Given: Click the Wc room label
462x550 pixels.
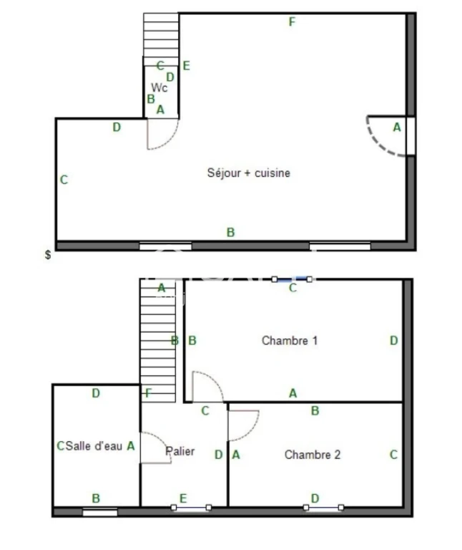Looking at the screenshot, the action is tap(159, 87).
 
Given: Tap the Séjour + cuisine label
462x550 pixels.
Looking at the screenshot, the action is tap(249, 173).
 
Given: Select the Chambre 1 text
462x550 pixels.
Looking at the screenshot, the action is tap(290, 341).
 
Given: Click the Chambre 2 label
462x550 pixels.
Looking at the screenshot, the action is tap(313, 455).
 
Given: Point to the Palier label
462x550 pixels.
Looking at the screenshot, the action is tap(180, 451).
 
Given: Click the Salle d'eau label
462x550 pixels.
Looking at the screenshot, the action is tap(94, 446).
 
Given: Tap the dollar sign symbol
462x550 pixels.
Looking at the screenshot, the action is tap(48, 255).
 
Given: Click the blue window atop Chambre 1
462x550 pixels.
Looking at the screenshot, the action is tap(292, 279).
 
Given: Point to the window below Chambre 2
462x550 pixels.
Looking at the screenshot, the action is tap(323, 508).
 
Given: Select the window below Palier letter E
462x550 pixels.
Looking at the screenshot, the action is tap(191, 508).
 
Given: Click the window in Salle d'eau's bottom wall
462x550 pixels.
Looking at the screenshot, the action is tap(100, 513).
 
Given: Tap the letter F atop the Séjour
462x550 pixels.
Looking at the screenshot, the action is tap(292, 22).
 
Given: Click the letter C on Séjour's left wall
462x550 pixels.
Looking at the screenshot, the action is tap(64, 180).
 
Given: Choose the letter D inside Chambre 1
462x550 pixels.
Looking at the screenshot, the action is tap(393, 341).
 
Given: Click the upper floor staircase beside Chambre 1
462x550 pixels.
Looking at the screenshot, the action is tap(158, 341).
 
